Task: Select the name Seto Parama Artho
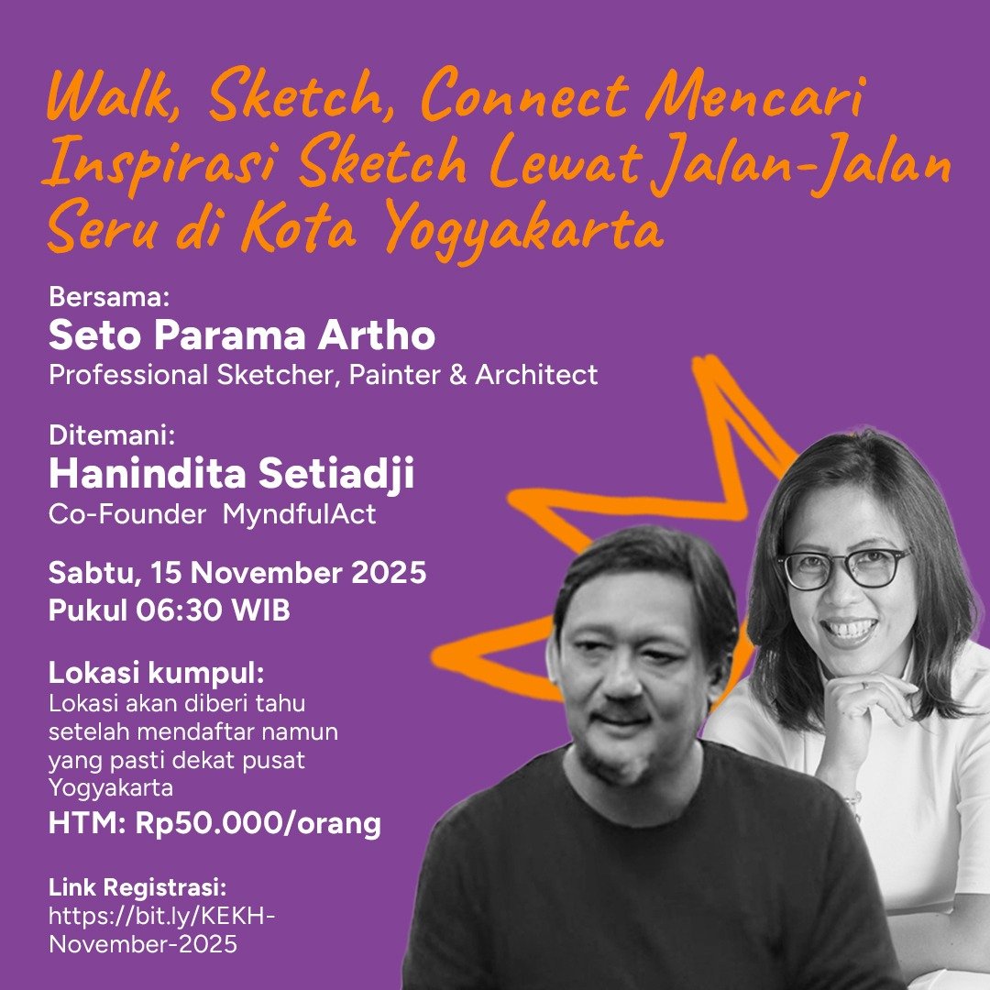coord(242,335)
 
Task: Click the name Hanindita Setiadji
coord(232,474)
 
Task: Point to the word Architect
coord(536,374)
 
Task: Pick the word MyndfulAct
coord(299,514)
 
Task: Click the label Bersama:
coord(109,297)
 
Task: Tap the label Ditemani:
coord(112,435)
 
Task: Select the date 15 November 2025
coord(289,573)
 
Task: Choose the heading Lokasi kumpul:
coord(157,674)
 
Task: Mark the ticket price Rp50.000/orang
coord(258,824)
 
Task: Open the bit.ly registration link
coord(161,930)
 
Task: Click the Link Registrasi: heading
coord(137,887)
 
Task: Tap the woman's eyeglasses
coord(843,567)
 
